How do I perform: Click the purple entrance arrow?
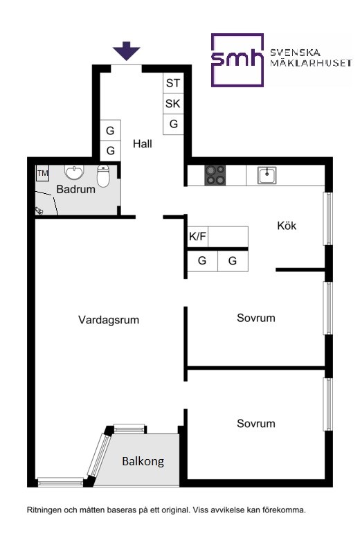(x=126, y=51)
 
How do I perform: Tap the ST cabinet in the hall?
(x=173, y=83)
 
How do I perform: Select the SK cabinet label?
(x=172, y=104)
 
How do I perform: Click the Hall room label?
(x=142, y=143)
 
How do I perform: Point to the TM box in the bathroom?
(x=42, y=174)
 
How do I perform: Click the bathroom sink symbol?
(x=74, y=172)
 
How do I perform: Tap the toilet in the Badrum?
(x=103, y=176)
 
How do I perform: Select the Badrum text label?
(x=76, y=189)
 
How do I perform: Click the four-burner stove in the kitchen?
(x=215, y=175)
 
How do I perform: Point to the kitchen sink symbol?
(x=267, y=175)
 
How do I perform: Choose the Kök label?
(x=287, y=226)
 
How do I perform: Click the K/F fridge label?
(x=197, y=236)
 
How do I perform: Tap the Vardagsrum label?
(x=109, y=320)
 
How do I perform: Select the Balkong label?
(x=143, y=461)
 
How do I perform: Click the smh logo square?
(x=237, y=60)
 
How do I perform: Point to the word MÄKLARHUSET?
(x=311, y=63)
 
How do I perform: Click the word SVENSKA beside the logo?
(x=296, y=53)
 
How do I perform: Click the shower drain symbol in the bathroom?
(x=39, y=211)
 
